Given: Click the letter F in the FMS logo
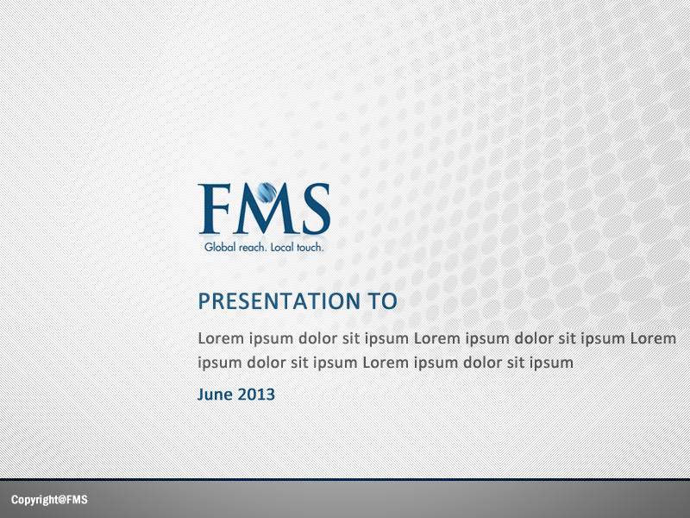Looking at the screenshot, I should [213, 209].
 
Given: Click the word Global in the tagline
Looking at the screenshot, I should [219, 248].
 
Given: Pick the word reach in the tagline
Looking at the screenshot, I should [252, 248].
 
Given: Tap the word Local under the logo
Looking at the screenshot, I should [283, 248].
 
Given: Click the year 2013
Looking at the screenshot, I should [257, 395].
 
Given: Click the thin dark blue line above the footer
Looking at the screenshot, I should [345, 479].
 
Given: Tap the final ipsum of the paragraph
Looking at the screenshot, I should [552, 363].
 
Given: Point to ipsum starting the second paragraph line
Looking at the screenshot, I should [220, 363].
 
